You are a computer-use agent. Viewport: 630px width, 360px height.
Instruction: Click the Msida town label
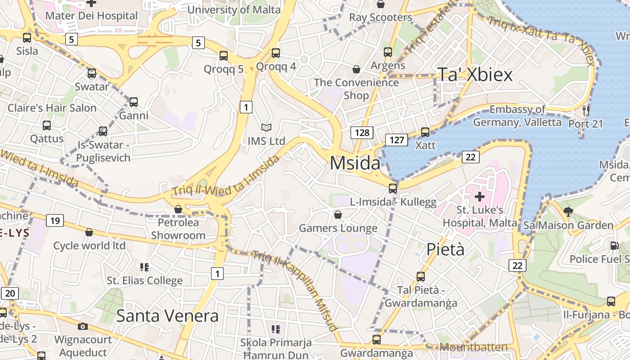coord(355,163)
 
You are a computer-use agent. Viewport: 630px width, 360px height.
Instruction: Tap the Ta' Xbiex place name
coord(475,75)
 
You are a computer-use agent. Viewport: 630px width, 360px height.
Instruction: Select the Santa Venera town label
coord(167,316)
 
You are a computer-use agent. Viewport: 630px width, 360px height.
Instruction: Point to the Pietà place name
coord(445,249)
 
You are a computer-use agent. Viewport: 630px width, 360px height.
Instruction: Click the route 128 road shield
coord(362,132)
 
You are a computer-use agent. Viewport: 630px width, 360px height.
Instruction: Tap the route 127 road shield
coord(396,140)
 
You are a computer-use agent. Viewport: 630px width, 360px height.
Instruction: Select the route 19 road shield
coord(55,220)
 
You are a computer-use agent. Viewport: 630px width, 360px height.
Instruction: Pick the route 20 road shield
coord(10,293)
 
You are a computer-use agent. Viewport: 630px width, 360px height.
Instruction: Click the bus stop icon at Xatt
coord(425,132)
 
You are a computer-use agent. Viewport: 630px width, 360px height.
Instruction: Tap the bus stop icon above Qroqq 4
coord(276,53)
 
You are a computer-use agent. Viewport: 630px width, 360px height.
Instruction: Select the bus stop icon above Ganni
coord(134,102)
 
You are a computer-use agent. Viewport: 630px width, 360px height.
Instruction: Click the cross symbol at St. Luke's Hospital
coord(480,197)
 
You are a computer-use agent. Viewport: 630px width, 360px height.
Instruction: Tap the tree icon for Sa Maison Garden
coord(568,211)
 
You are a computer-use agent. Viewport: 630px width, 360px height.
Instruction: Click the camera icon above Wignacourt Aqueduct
coord(83,326)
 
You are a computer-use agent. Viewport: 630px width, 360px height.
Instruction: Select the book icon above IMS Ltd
coord(266,128)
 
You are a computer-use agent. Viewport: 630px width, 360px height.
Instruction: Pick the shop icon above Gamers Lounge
coord(338,215)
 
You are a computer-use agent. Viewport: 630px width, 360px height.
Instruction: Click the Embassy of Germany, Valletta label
coord(517,116)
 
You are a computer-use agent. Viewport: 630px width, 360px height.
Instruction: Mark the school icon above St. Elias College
coord(144,267)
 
